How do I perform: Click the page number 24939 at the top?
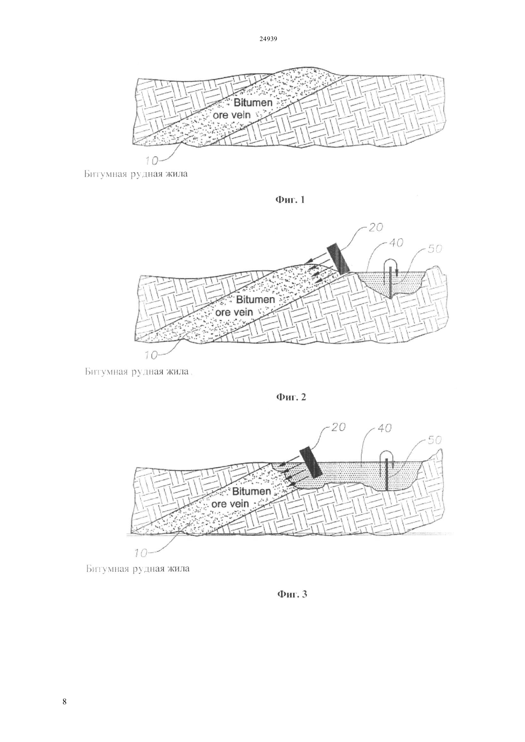[268, 39]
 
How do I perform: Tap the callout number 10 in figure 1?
[151, 161]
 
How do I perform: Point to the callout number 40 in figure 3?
[384, 428]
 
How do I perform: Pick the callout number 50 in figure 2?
[434, 248]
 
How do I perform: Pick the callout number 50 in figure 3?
[434, 440]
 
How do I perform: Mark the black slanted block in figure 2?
[338, 259]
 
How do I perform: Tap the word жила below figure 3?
[179, 569]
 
